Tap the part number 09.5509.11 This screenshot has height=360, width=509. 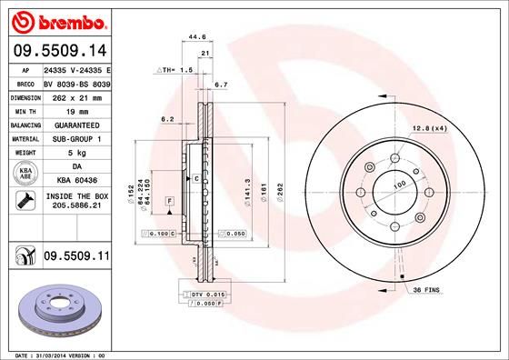coord(75,260)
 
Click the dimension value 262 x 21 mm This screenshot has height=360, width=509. coord(77,97)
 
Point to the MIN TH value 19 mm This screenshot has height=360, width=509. coord(77,111)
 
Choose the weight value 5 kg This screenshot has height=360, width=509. coord(77,153)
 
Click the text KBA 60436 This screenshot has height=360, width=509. coord(77,180)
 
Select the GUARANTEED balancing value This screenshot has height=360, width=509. coord(77,125)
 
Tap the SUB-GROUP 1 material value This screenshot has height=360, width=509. coord(77,138)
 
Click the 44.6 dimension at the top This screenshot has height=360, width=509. coord(193,37)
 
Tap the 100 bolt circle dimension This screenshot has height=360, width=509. coord(397,185)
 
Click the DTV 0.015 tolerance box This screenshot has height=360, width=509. coord(209,295)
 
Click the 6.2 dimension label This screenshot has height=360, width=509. coord(166,118)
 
